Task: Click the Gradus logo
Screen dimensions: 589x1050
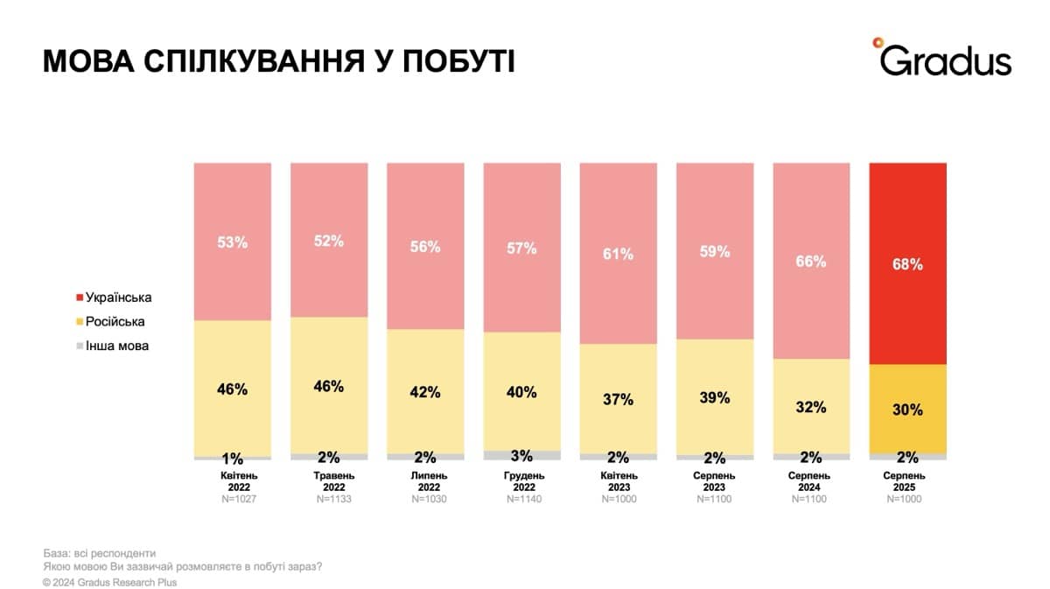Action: coord(942,59)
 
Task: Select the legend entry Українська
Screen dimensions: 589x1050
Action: coord(118,298)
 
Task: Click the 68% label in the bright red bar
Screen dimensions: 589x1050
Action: coord(907,264)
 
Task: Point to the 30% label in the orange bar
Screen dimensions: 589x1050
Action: coord(907,410)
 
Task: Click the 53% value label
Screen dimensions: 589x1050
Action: coord(233,242)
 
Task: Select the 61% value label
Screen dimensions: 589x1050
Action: coord(618,255)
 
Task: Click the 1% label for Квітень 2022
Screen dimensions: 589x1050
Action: coord(233,459)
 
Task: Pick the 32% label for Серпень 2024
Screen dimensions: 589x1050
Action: coord(811,406)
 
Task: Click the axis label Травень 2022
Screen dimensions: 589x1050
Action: coord(329,481)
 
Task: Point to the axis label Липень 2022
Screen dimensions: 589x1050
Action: coord(425,481)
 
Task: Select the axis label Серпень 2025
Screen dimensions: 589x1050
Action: coord(907,481)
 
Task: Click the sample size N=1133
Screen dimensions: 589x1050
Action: coord(329,499)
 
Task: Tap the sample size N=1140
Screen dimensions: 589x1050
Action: coord(521,499)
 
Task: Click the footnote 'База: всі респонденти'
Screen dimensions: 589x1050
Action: coord(99,553)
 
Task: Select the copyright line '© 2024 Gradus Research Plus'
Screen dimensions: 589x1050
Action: coord(109,582)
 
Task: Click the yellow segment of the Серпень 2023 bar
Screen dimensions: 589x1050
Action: coord(715,396)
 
